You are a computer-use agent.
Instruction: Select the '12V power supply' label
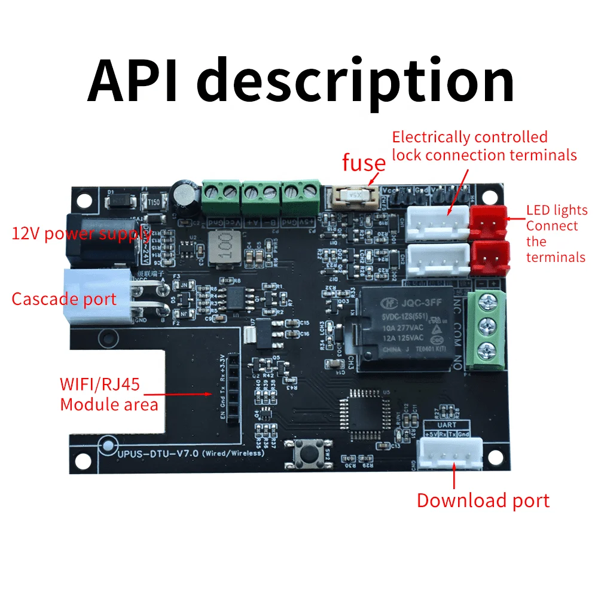pyautogui.click(x=81, y=233)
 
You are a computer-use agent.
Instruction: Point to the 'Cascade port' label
pyautogui.click(x=64, y=298)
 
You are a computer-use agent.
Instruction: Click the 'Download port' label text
pyautogui.click(x=483, y=501)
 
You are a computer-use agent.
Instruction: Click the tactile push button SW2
pyautogui.click(x=308, y=453)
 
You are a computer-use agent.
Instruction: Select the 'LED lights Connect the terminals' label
pyautogui.click(x=556, y=234)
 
